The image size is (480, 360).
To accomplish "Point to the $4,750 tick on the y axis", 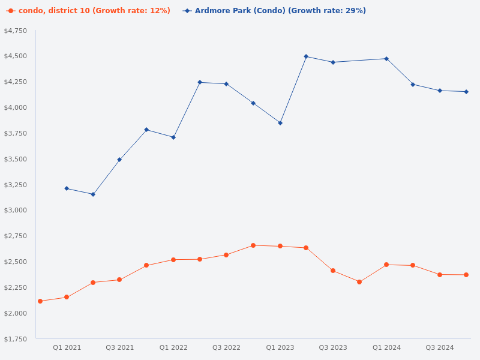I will click(16, 31).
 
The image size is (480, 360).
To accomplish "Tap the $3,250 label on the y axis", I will click(16, 185).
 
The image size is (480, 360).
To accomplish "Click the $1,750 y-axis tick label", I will click(16, 339).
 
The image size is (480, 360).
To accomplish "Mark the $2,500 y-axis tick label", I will click(16, 262).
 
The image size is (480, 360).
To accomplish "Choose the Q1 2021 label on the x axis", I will click(67, 347).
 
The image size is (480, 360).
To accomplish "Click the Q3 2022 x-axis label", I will click(226, 347).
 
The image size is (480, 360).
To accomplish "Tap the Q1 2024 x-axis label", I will click(386, 347).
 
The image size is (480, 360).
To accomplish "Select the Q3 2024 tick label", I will click(440, 347).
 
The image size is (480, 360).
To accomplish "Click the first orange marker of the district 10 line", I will click(40, 301).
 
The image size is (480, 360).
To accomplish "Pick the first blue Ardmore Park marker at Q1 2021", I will click(67, 188).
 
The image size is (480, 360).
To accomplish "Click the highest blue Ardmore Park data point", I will click(306, 56).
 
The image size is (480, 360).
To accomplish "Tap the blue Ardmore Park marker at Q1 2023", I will click(280, 123).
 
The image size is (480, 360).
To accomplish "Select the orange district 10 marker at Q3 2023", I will click(333, 271).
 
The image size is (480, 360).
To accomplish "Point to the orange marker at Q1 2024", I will click(386, 265).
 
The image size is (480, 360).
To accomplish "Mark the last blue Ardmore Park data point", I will click(466, 92).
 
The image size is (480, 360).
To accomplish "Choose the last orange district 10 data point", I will click(466, 275).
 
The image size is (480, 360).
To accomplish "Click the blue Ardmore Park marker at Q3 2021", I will click(119, 160).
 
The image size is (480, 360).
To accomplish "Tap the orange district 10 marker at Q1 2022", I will click(173, 260).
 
